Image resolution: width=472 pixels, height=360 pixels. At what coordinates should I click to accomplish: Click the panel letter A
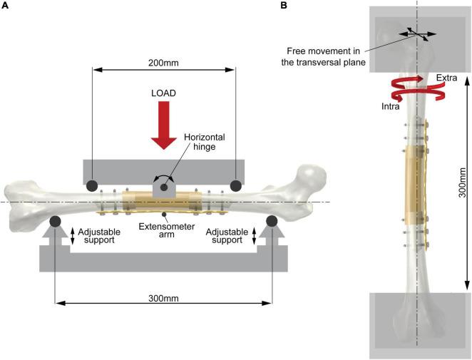click(x=4, y=6)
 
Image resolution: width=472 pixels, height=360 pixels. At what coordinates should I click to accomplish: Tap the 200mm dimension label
click(x=164, y=62)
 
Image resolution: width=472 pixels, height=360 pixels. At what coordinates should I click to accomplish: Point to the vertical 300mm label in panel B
click(x=461, y=183)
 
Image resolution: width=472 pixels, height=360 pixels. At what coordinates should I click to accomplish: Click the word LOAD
click(x=164, y=93)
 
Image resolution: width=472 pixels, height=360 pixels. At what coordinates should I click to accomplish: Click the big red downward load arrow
click(x=164, y=125)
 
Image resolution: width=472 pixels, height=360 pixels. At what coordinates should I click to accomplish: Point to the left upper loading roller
click(x=93, y=187)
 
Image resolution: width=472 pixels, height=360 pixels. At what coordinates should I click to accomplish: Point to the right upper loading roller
click(x=235, y=187)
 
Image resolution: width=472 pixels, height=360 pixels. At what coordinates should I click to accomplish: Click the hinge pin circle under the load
click(x=163, y=187)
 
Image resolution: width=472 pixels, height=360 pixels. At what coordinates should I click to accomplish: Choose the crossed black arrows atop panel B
click(x=414, y=33)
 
